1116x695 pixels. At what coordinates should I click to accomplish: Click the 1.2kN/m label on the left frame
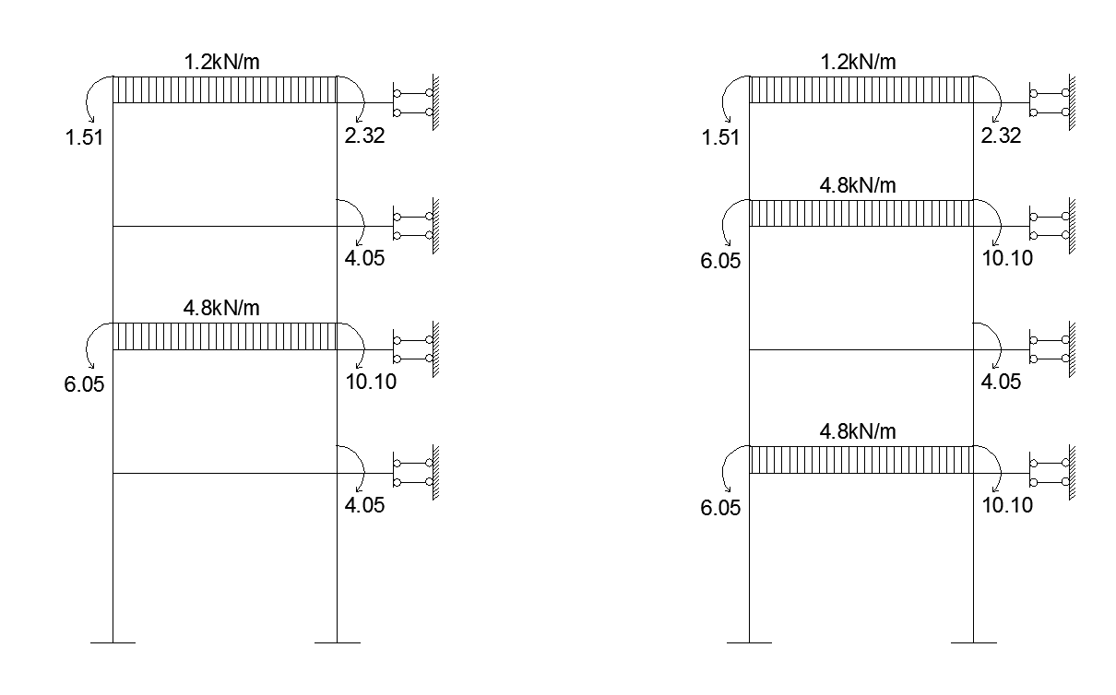pos(221,63)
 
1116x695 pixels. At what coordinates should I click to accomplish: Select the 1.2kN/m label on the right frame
pos(858,63)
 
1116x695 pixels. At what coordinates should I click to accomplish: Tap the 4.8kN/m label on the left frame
pos(221,308)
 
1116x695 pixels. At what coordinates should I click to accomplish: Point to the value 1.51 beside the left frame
pos(84,137)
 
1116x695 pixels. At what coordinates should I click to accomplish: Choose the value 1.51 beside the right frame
pos(720,137)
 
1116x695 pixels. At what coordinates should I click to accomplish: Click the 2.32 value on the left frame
pos(364,135)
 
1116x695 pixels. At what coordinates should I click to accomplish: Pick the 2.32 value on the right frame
pos(1001,135)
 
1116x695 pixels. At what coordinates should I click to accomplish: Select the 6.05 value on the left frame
pos(84,384)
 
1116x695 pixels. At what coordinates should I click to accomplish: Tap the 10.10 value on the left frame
pos(371,382)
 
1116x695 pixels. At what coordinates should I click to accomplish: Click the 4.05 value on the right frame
pos(1001,382)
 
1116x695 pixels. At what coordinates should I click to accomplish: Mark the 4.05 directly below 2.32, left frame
pos(364,258)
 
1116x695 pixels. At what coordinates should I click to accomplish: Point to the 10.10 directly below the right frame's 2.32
pos(1007,258)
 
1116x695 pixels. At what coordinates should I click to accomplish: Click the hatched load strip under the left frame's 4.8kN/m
pos(225,336)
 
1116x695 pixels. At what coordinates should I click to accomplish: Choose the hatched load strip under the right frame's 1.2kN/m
pos(861,89)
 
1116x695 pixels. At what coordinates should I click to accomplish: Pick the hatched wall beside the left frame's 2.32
pos(435,102)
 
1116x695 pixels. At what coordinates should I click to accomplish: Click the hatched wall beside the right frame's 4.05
pos(1072,349)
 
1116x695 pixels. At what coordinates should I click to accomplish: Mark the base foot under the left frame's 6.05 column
pos(113,642)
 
